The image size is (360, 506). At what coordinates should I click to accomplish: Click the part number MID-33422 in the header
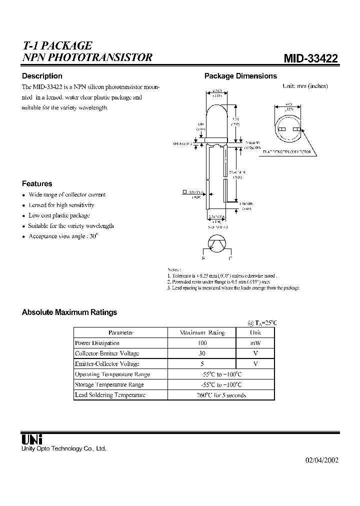(310, 58)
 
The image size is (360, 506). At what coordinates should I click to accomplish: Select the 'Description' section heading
(42, 76)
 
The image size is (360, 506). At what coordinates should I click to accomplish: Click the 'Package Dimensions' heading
(240, 76)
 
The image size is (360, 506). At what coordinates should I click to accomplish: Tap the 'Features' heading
(37, 183)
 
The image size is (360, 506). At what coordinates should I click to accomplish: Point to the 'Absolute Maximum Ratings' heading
(69, 312)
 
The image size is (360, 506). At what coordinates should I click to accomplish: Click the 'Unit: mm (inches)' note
(305, 86)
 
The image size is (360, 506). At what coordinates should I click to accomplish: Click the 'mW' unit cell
(255, 343)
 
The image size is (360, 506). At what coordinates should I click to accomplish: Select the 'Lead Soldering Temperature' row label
(110, 395)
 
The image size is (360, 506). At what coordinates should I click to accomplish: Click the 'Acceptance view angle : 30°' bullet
(63, 236)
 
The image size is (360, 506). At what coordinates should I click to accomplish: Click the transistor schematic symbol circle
(216, 245)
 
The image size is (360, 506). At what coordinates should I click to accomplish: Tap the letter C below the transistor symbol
(230, 258)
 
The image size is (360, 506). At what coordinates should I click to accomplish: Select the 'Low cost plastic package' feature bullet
(59, 215)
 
